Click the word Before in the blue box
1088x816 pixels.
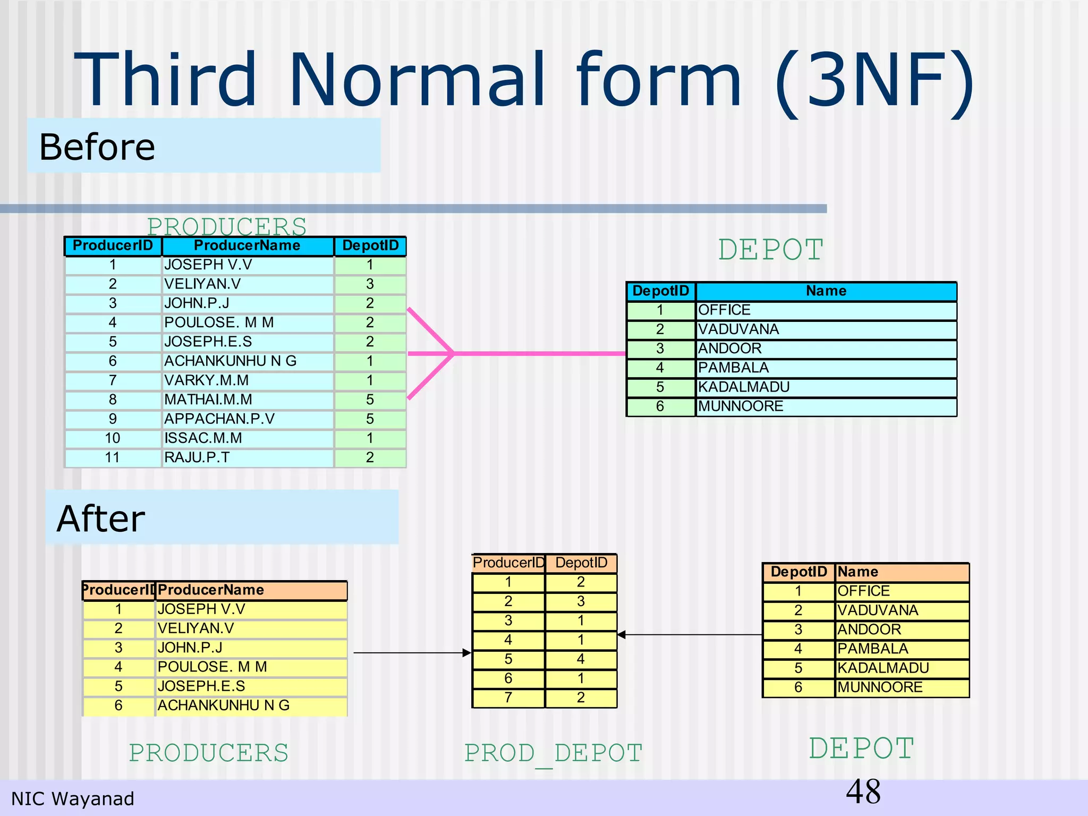(x=97, y=147)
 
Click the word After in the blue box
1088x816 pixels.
(x=100, y=519)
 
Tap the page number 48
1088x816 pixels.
(x=863, y=792)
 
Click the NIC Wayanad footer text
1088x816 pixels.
(x=73, y=799)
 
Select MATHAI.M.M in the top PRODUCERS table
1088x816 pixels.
(x=208, y=399)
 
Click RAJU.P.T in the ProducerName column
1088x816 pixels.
(x=197, y=457)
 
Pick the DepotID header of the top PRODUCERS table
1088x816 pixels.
(x=370, y=245)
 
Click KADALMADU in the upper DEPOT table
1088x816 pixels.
(x=744, y=387)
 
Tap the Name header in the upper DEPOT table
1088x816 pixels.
(x=826, y=291)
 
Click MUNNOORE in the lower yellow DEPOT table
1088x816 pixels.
(x=880, y=687)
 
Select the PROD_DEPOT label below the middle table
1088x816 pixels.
(x=553, y=753)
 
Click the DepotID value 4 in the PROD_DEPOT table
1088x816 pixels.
(x=581, y=659)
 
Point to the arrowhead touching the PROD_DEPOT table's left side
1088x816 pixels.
(x=467, y=653)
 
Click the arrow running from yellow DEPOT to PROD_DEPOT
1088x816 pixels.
(x=691, y=635)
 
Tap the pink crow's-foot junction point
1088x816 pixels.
(x=453, y=353)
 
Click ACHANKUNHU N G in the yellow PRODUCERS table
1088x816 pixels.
(x=224, y=705)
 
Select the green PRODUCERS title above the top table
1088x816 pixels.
(x=227, y=226)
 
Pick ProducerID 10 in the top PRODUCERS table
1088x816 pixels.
(x=113, y=438)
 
